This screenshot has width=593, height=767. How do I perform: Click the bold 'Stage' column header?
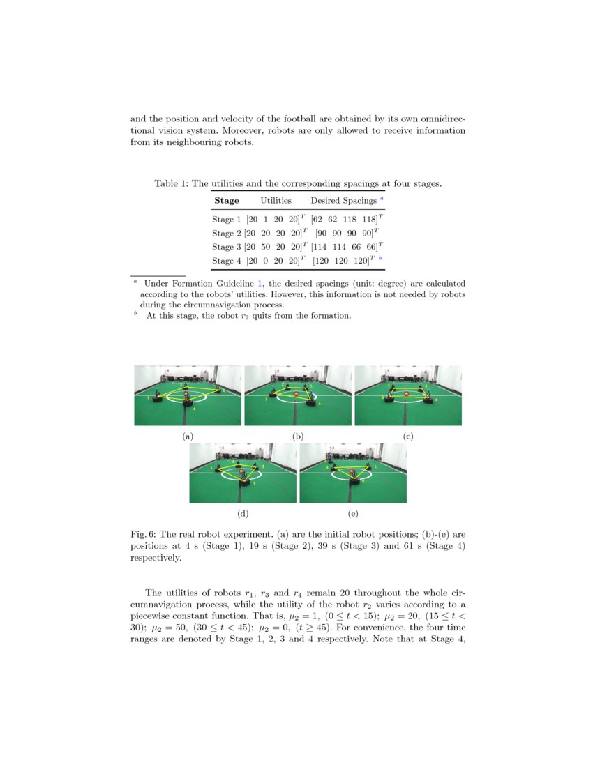point(226,201)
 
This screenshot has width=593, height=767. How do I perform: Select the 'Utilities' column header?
point(276,201)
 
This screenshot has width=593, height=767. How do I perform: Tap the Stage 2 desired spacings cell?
point(347,233)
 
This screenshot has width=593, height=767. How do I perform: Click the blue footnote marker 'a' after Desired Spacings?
point(382,199)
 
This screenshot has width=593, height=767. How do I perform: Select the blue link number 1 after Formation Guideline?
point(261,284)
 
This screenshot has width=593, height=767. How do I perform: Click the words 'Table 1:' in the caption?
point(171,184)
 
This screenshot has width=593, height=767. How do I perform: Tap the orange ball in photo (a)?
point(186,395)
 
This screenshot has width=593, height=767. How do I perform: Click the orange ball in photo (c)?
point(407,395)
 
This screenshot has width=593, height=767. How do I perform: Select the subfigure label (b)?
point(298,436)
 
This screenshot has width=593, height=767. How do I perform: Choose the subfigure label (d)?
point(243,513)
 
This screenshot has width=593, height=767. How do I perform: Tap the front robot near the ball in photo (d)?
point(245,481)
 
